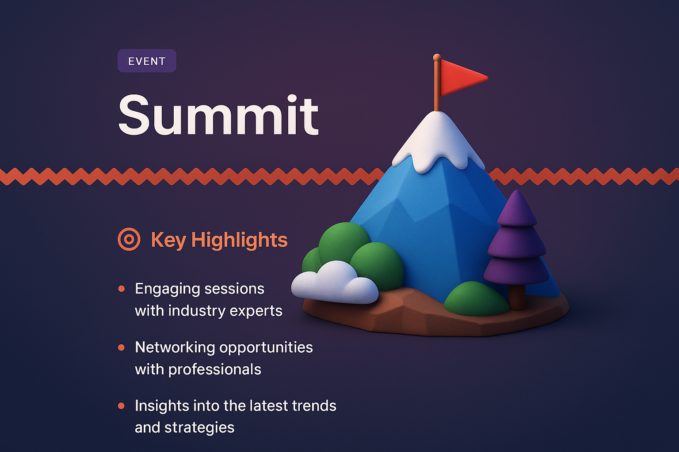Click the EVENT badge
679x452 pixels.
point(147,61)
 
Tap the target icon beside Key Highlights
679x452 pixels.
point(129,240)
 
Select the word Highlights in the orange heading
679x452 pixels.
point(239,240)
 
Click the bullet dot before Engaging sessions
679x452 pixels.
point(122,289)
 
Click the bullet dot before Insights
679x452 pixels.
point(122,406)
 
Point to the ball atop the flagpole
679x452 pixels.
point(437,57)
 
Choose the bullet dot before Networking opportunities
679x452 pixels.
point(122,348)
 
